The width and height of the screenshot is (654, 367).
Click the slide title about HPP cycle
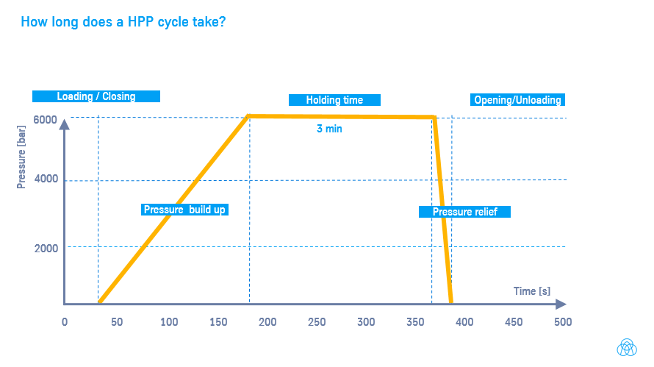123,22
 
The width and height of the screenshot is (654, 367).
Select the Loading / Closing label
96,96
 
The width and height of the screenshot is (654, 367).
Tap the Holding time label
334,100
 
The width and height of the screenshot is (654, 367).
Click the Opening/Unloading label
517,100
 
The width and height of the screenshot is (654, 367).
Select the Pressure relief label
464,212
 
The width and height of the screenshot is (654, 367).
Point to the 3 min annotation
329,129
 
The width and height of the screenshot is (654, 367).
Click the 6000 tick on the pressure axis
46,120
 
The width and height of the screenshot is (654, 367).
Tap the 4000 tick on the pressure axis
46,180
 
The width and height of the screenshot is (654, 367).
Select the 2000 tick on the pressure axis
46,248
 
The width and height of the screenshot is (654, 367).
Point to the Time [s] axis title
531,291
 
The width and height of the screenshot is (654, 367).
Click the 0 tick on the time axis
65,322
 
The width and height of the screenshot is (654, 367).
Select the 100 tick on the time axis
169,322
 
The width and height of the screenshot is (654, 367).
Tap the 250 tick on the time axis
317,322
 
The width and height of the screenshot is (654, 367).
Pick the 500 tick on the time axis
562,322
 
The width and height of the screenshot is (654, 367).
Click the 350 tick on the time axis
415,322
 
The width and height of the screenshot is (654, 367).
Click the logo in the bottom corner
626,347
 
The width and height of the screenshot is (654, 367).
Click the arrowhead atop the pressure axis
65,124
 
